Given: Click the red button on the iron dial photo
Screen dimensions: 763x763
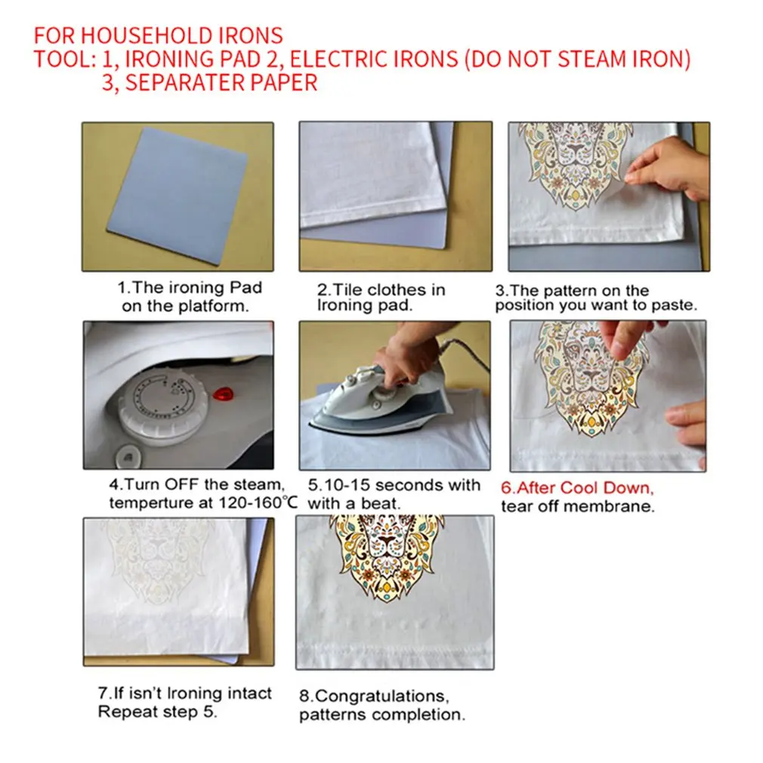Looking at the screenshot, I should tap(223, 394).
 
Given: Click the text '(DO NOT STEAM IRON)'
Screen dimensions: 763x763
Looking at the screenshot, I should tap(577, 59).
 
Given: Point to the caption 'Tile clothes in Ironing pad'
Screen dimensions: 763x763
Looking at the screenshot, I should tap(381, 298).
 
